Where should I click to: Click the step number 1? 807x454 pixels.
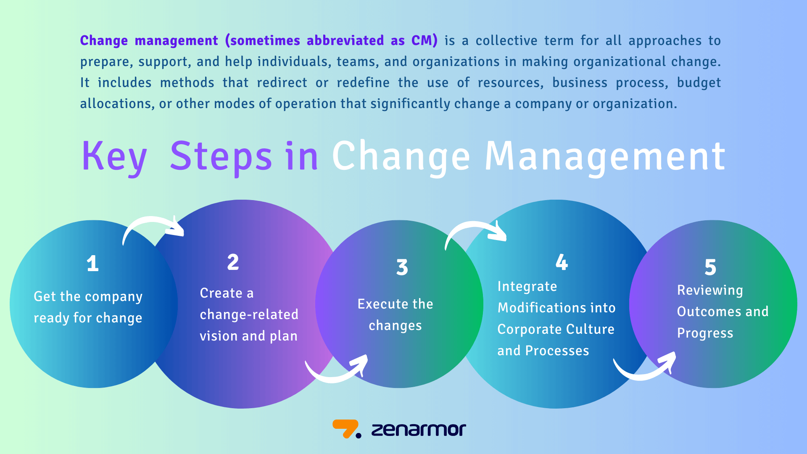[92, 264]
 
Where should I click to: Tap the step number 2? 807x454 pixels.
[233, 262]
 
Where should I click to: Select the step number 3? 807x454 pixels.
[402, 267]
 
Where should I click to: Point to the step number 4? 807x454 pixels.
[562, 262]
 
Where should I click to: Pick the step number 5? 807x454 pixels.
[710, 267]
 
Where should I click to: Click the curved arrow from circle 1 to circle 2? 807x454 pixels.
[151, 225]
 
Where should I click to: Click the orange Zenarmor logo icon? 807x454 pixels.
[345, 429]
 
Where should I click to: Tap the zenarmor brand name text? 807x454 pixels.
[419, 430]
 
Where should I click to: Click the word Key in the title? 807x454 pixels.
[114, 156]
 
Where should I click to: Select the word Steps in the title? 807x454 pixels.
[221, 156]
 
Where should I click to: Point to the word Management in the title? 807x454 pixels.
[605, 156]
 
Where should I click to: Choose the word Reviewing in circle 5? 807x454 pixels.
[710, 290]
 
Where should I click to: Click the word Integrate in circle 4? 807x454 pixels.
[527, 287]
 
